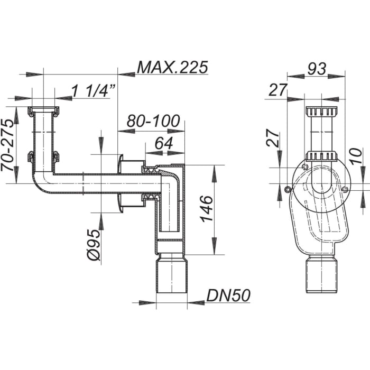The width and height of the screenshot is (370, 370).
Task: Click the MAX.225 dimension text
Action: pyautogui.click(x=172, y=67)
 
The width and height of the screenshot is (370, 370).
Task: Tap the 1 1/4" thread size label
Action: pyautogui.click(x=94, y=91)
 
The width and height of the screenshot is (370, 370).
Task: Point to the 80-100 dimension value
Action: pyautogui.click(x=150, y=121)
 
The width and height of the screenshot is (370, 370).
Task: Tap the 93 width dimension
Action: pyautogui.click(x=317, y=68)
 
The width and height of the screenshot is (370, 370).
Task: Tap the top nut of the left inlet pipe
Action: pyautogui.click(x=43, y=112)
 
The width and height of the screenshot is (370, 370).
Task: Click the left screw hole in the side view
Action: pyautogui.click(x=286, y=189)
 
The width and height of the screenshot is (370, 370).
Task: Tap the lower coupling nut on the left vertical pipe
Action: pyautogui.click(x=43, y=156)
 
